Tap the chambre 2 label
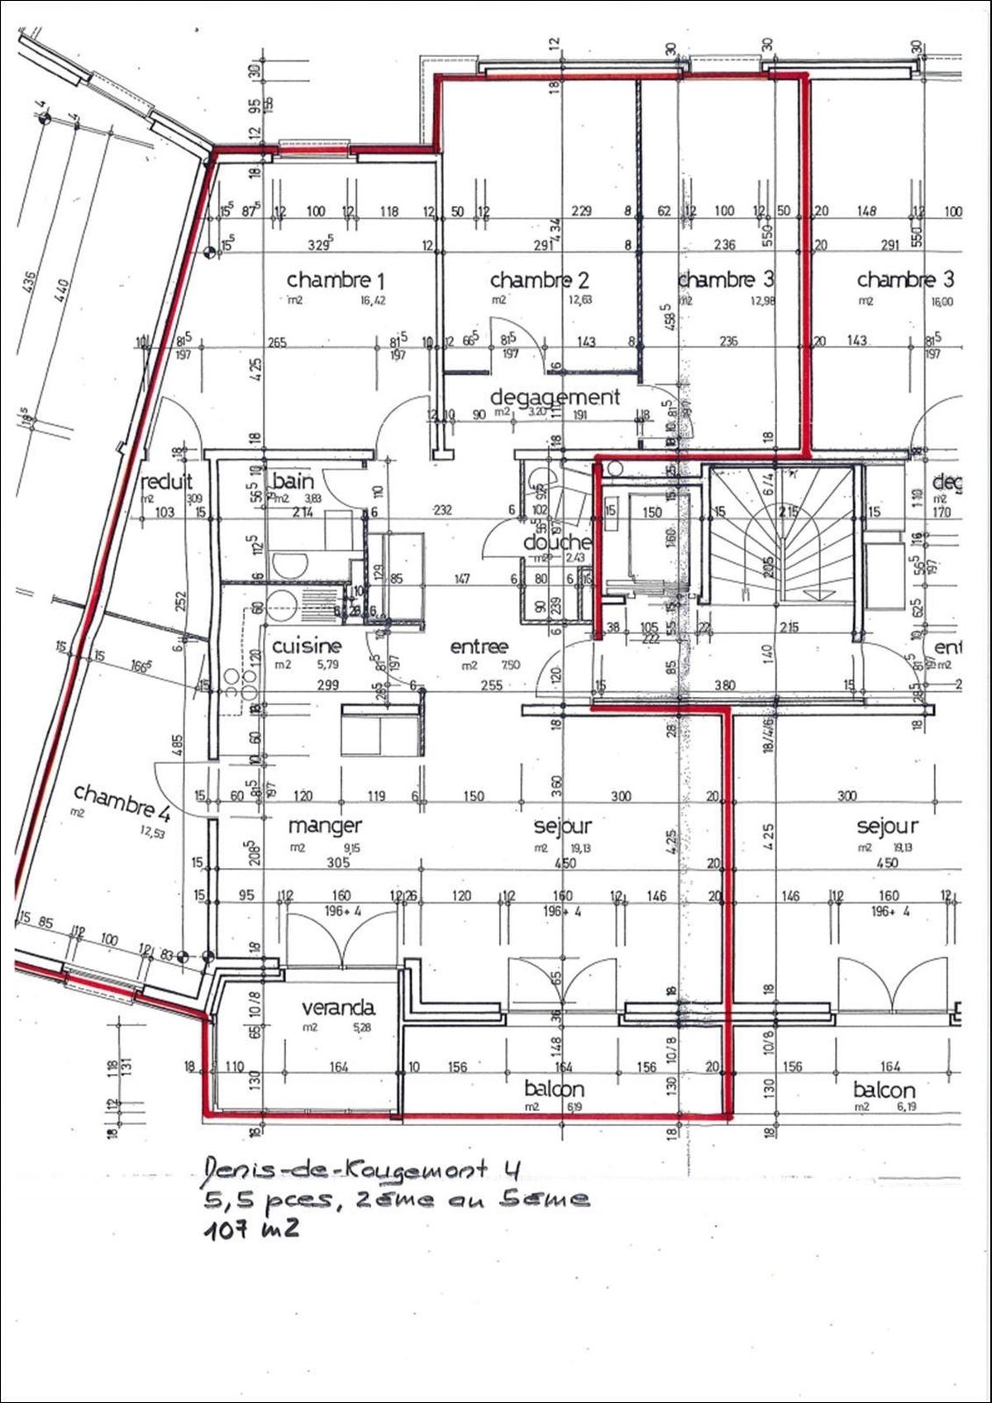pos(539,280)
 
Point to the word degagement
pos(555,397)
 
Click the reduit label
pos(167,481)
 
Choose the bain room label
pos(293,480)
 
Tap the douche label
pos(558,542)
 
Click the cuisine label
pos(307,646)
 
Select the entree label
pos(479,647)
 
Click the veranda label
pos(337,1008)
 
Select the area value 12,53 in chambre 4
pos(154,835)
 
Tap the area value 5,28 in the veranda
pos(363,1028)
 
